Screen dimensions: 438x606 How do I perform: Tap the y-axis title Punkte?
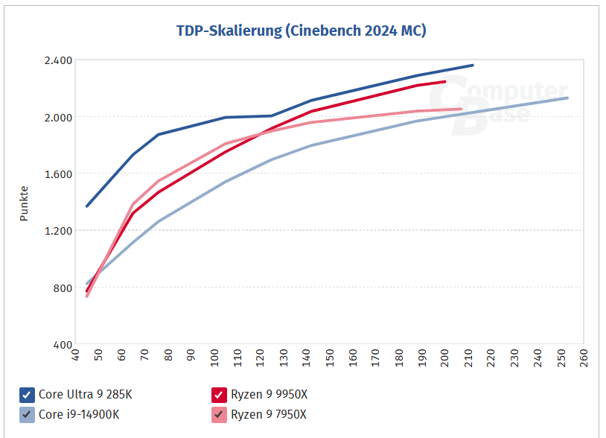coord(24,203)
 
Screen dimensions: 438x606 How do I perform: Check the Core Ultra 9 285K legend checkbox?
coord(27,395)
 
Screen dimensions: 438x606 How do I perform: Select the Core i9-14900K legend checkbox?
coord(27,414)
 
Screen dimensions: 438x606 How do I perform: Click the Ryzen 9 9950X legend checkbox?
coord(219,395)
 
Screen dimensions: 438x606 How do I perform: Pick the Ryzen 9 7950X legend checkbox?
coord(219,414)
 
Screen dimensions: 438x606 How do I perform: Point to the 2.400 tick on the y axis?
coord(58,60)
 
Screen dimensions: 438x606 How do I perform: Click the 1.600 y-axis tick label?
coord(58,174)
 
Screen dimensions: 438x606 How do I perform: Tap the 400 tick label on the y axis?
coord(63,346)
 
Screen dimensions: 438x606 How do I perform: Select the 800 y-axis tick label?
coord(63,288)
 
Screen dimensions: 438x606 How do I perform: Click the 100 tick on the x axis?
coord(214,358)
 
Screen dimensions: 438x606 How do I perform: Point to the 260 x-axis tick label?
coord(583,358)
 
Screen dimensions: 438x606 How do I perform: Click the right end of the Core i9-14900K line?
coord(568,98)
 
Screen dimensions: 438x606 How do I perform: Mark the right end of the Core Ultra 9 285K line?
coord(473,66)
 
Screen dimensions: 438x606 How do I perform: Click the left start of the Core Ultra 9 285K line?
coord(87,206)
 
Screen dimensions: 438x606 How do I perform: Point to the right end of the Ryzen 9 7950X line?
coord(462,109)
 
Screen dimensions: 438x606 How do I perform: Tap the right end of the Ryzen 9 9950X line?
coord(445,81)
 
